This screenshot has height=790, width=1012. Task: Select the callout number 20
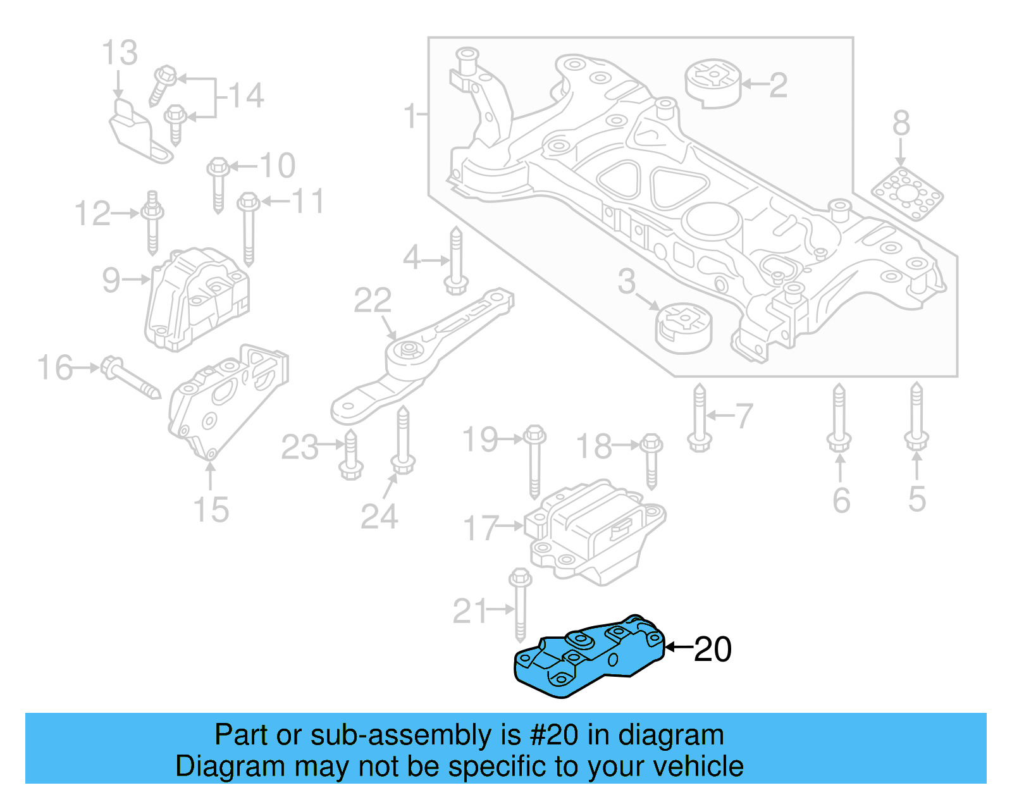coord(713,649)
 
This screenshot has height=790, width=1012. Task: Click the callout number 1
coord(410,116)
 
